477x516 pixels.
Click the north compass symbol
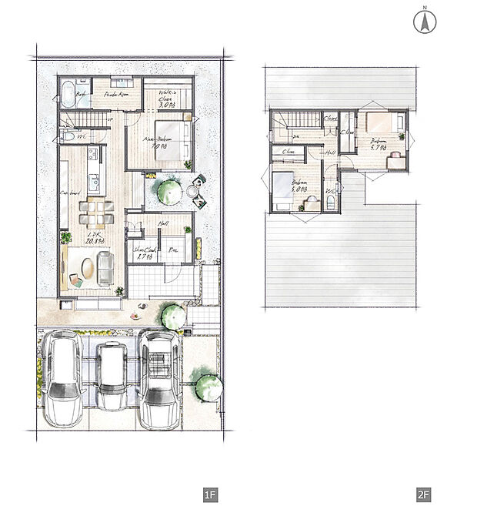pos(422,21)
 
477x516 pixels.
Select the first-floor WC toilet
pos(68,136)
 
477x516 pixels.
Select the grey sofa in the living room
pos(105,268)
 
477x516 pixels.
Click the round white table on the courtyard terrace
pos(192,189)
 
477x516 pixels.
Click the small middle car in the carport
pos(112,375)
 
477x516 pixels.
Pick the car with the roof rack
pos(161,379)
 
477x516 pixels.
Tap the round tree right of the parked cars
pos(208,387)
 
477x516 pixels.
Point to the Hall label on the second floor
pos(329,153)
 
